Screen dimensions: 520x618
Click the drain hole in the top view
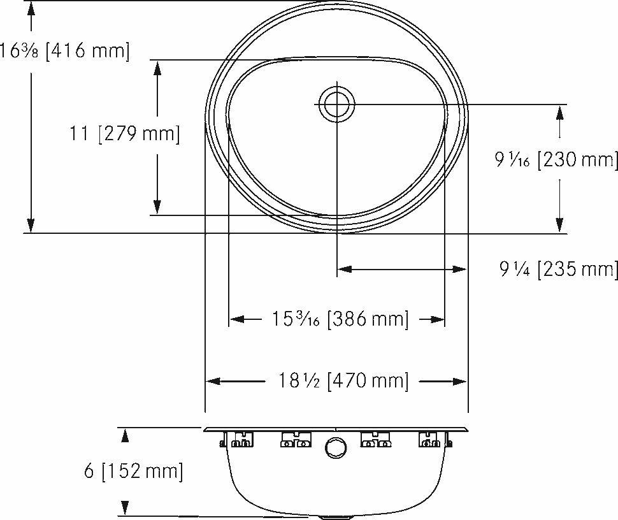337,104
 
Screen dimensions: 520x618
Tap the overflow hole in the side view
334,447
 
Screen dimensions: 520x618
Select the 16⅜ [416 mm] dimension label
64,51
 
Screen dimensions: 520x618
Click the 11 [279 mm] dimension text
125,134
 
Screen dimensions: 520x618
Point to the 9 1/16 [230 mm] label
557,160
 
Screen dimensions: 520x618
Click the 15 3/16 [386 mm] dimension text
336,319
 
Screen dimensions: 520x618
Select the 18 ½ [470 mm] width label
343,381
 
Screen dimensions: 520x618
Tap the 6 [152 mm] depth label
133,472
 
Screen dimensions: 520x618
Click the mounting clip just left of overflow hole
296,440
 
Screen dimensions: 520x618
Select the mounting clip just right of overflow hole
375,440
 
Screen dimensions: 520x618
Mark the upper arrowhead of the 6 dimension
126,435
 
